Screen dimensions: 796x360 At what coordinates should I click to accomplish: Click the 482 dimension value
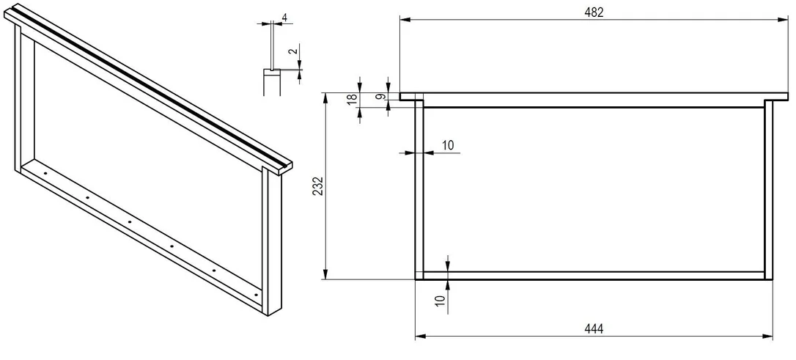pos(594,12)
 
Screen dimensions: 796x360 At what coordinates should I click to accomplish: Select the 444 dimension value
pos(594,329)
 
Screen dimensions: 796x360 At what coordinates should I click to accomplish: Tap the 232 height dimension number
pos(318,186)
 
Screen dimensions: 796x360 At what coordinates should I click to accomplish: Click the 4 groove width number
pos(284,18)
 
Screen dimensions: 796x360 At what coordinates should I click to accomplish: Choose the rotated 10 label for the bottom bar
pos(440,301)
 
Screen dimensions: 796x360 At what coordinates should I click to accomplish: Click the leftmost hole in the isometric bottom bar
pos(45,172)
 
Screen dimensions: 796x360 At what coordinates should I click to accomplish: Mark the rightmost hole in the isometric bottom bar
pos(257,295)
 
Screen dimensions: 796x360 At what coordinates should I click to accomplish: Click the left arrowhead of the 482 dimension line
pos(405,20)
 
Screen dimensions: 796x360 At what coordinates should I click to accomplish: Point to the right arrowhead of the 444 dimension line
pos(767,336)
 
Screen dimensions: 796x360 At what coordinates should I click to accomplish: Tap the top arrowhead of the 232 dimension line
pos(326,98)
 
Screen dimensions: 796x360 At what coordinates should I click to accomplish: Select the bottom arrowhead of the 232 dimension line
pos(326,273)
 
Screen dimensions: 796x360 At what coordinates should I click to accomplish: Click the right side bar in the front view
pos(769,189)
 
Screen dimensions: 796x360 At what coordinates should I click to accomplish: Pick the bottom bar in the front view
pos(594,275)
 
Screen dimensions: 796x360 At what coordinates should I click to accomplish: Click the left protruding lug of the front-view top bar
pos(408,96)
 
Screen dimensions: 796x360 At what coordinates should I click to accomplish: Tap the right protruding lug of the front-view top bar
pos(781,96)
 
